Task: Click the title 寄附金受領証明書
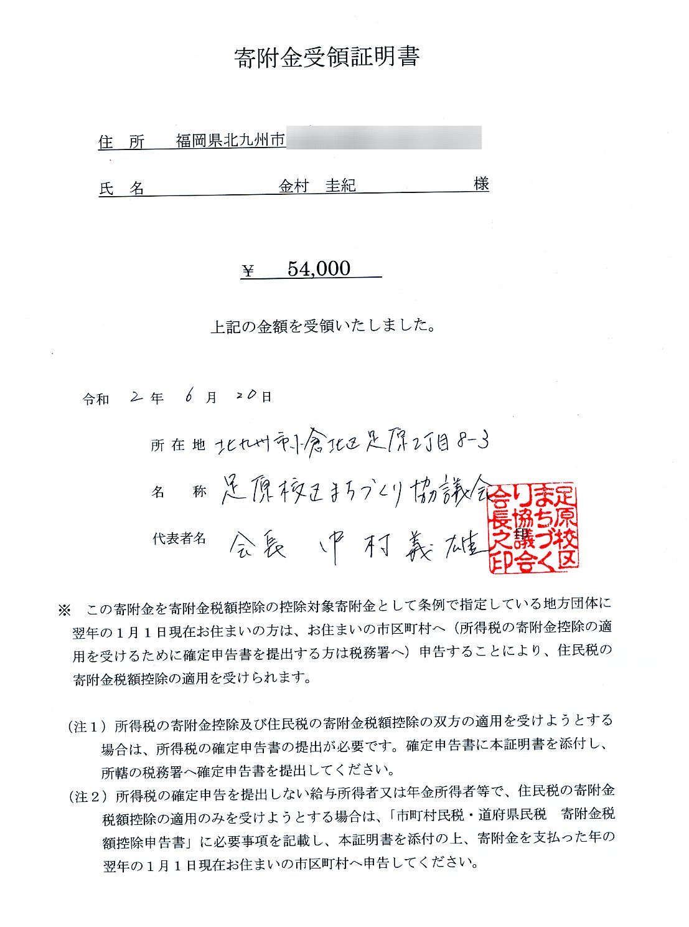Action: (x=327, y=57)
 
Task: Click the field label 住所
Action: (x=122, y=142)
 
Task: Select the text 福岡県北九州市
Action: (x=230, y=141)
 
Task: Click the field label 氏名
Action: (x=122, y=188)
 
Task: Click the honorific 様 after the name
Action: (x=480, y=184)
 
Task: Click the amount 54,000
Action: (x=319, y=268)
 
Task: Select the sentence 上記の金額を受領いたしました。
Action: (x=322, y=326)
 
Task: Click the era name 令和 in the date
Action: (x=96, y=399)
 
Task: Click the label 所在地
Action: (x=178, y=445)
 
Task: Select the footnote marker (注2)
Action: (x=87, y=796)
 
